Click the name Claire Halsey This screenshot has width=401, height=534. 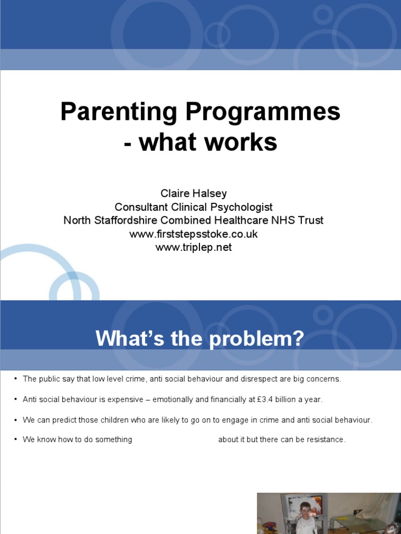point(194,193)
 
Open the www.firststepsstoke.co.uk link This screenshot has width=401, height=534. point(194,234)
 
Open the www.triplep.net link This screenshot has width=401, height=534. point(194,248)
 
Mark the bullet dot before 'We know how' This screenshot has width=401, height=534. point(16,440)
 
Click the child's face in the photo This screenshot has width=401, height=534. point(305,508)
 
